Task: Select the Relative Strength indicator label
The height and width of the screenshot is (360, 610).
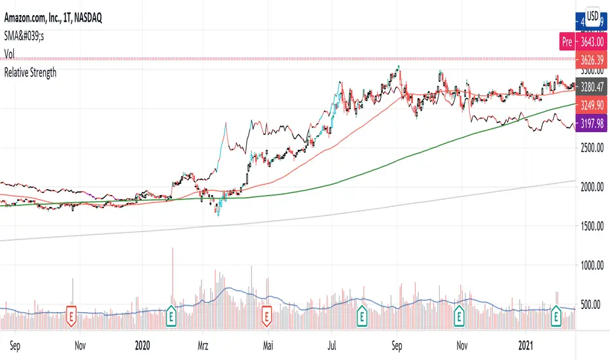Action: click(x=30, y=73)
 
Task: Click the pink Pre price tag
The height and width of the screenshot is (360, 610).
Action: click(x=567, y=43)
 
